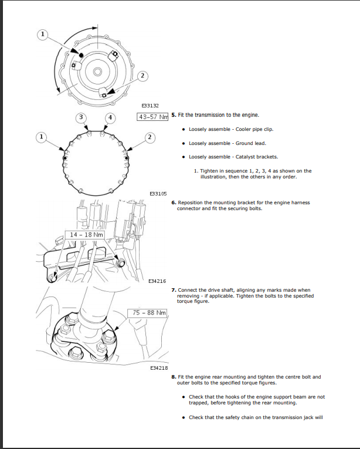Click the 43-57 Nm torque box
(x=152, y=117)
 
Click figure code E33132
(x=150, y=106)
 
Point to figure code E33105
(x=158, y=194)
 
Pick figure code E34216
(x=157, y=281)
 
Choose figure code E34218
(x=159, y=368)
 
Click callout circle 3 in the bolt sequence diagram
(x=81, y=117)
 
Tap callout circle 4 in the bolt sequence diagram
(x=110, y=118)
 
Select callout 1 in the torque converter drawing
(x=43, y=35)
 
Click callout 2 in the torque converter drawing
(x=142, y=76)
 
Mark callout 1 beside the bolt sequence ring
(x=41, y=137)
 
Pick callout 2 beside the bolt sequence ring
(x=150, y=137)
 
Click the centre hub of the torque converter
(x=97, y=72)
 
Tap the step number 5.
(x=174, y=115)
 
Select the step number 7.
(x=174, y=290)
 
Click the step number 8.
(x=174, y=377)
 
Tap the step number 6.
(x=174, y=202)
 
